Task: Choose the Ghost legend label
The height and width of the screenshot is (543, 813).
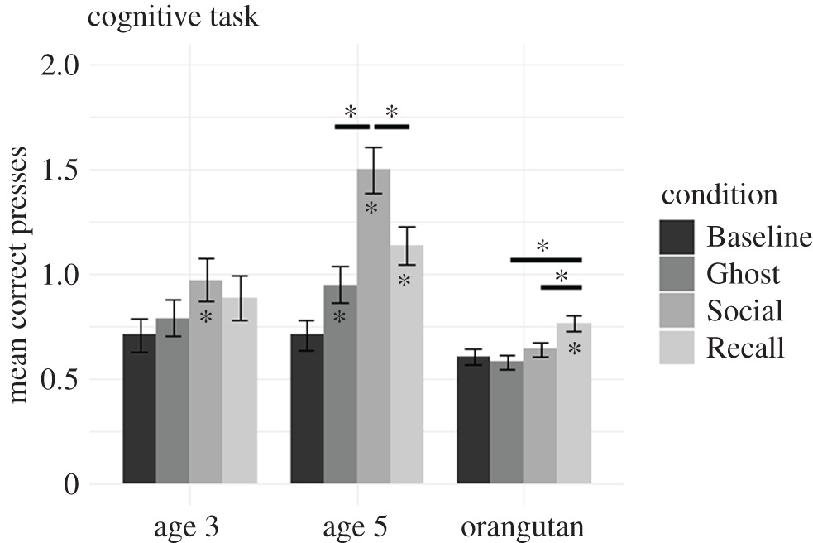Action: pos(743,273)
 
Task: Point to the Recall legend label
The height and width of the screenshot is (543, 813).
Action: pos(744,348)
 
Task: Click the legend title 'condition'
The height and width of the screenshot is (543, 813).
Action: pos(719,195)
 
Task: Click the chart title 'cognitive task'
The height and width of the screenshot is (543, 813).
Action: pos(173,17)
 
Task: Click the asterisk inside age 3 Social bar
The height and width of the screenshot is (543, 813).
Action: pos(206,317)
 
